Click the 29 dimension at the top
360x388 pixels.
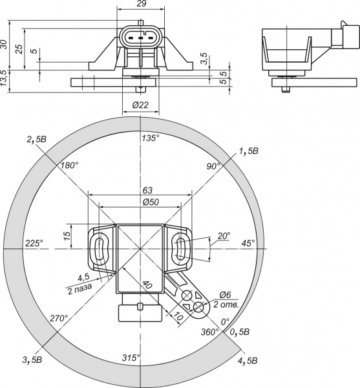(141, 3)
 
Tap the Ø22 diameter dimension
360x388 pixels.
(140, 105)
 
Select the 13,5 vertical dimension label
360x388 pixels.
(4, 78)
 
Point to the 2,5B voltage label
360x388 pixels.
(37, 139)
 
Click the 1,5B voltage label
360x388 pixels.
(248, 151)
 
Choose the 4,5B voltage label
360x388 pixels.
(248, 361)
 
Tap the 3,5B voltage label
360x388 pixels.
(32, 360)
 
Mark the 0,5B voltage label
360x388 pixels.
(240, 332)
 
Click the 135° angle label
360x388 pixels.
(151, 138)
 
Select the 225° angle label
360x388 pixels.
(34, 243)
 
